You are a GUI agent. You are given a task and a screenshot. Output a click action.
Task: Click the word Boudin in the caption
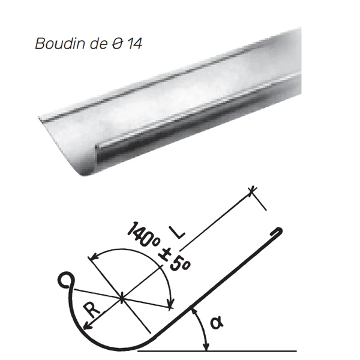(55, 44)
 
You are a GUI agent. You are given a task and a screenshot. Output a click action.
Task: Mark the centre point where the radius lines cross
(122, 296)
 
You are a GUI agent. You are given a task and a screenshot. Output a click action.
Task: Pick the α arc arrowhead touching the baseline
(206, 346)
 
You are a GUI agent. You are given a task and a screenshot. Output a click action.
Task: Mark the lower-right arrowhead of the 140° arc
(171, 307)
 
